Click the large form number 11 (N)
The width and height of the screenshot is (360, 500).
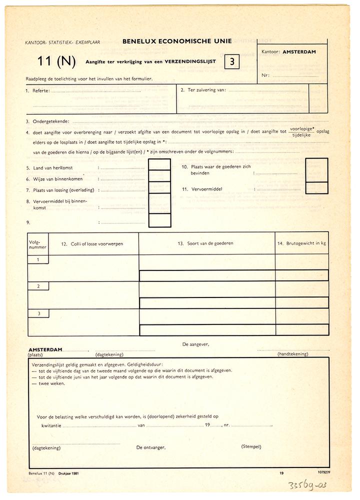(56, 62)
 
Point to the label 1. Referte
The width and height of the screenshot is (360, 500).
(37, 90)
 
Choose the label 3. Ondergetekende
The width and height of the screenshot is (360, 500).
(47, 121)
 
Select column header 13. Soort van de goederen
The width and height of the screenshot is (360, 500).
(205, 243)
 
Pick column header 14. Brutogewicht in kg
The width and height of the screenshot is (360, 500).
(301, 243)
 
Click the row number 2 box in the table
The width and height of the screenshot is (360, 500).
(38, 285)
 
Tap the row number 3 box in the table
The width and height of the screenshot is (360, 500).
(38, 313)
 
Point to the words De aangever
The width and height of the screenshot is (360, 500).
(196, 344)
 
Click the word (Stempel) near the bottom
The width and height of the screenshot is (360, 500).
(251, 446)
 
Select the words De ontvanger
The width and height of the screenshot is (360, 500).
(151, 448)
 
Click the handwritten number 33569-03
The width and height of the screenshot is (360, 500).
(323, 485)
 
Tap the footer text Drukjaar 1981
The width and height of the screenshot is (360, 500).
(68, 472)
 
